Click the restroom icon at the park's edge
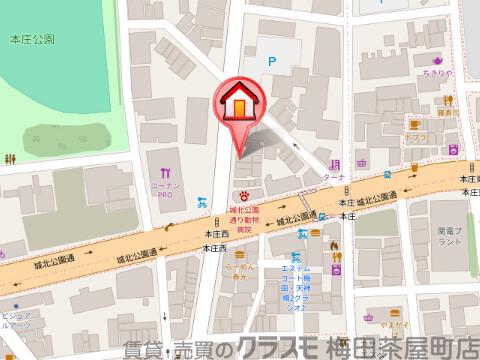(x=10, y=158)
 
